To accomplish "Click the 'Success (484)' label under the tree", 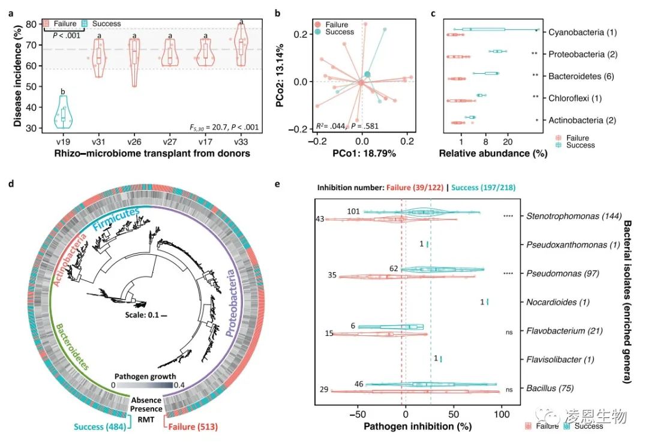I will (97, 427).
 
